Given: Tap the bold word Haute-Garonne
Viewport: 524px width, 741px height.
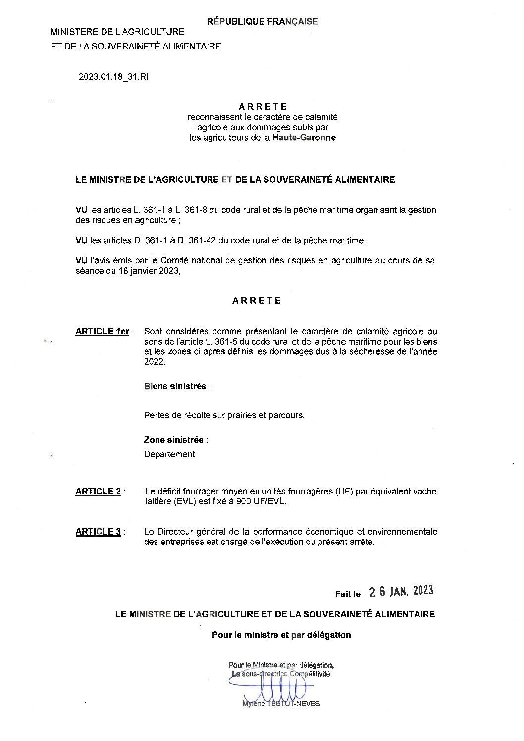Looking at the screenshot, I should pos(304,138).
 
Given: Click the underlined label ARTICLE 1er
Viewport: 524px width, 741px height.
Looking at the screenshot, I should pos(103,331).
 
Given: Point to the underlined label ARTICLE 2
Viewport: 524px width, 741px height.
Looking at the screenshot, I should pos(98,492).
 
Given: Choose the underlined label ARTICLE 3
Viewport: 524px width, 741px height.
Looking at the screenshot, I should pos(98,532).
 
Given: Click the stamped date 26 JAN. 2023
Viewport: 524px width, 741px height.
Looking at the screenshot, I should pos(402,591).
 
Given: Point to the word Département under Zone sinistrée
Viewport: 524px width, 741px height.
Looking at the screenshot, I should pos(170,454).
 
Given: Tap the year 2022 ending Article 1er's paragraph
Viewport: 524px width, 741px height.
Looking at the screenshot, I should pos(153,362).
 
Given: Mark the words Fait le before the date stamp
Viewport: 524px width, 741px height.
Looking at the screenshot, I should pos(348,593).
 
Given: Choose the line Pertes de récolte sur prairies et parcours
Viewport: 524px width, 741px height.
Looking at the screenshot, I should pos(224,415).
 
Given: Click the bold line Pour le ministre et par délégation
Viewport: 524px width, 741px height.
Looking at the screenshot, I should pos(281,635).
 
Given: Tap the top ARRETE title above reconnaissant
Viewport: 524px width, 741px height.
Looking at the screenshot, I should pos(262,106).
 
